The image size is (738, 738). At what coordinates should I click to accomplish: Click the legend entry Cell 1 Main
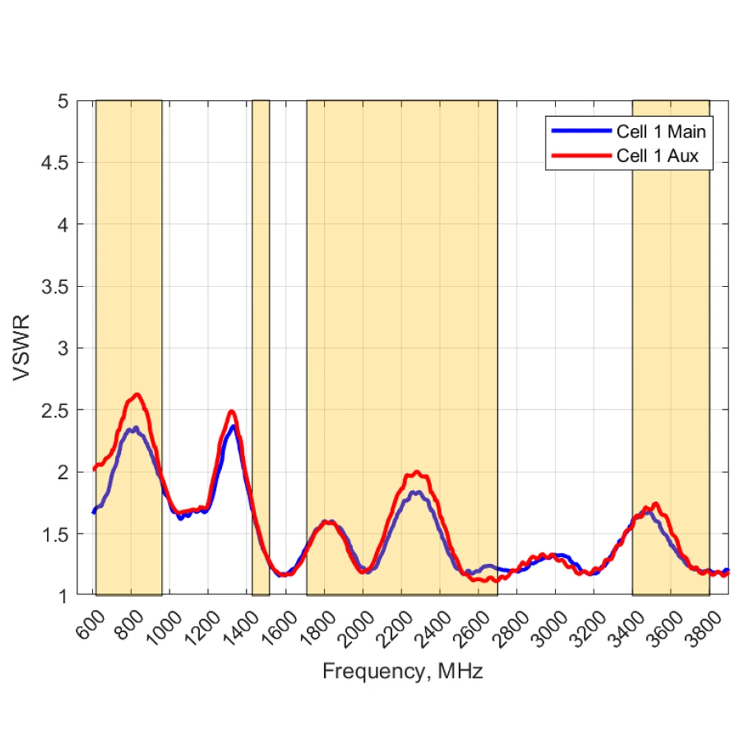[661, 131]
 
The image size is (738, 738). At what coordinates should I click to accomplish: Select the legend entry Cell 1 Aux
[657, 156]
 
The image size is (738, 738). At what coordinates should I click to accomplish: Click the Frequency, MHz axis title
[403, 671]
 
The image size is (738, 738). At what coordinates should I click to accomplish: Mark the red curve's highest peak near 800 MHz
[137, 394]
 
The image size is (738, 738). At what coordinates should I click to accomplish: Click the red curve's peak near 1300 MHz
[231, 411]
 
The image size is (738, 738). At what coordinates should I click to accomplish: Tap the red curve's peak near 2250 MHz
[417, 472]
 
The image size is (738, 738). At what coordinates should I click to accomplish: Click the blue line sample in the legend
[581, 131]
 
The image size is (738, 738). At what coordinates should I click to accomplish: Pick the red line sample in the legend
[581, 156]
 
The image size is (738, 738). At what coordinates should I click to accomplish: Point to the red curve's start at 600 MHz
[94, 470]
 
